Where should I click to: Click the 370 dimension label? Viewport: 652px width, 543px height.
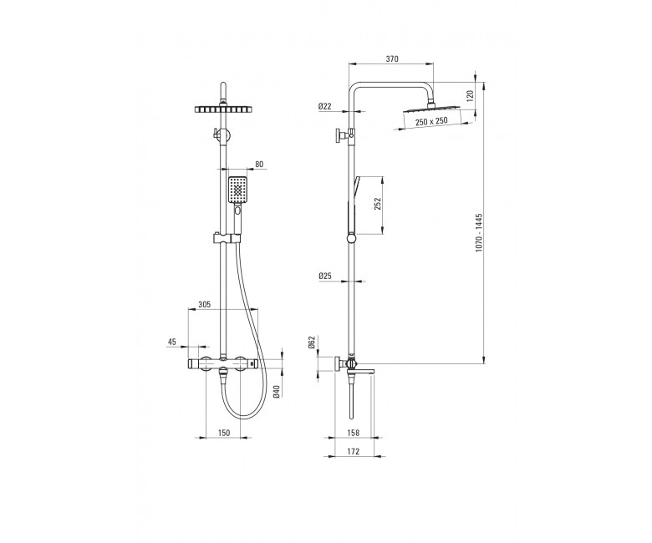pos(392,59)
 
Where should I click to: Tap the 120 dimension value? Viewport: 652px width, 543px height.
pos(471,96)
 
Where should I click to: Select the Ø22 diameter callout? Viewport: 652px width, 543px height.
pos(325,106)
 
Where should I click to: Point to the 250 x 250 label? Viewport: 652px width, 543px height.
pos(431,121)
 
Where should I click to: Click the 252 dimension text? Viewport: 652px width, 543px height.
pos(378,204)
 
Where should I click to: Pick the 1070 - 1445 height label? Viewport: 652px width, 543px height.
pos(479,233)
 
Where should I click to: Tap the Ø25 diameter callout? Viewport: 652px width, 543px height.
pos(325,276)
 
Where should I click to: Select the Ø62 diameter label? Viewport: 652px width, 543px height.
pos(313,342)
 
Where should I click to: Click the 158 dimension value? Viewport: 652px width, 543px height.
pos(353,433)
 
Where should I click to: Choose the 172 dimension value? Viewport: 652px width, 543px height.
pos(353,451)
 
